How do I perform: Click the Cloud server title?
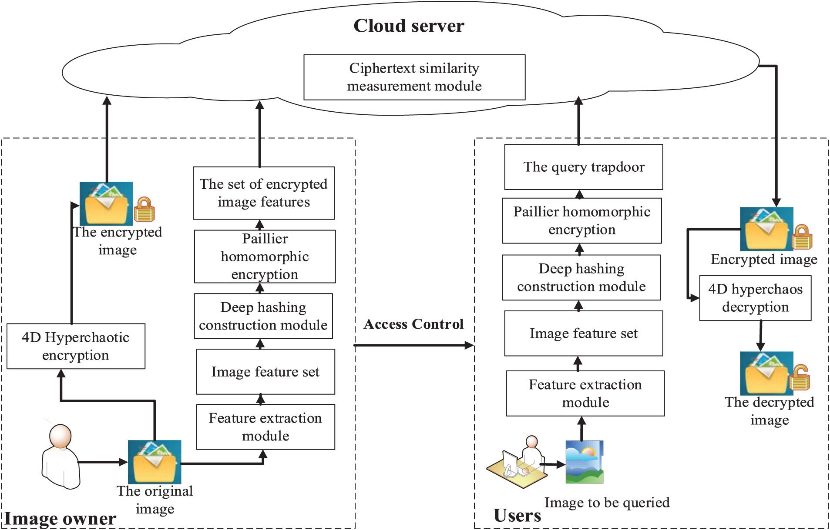coord(409,26)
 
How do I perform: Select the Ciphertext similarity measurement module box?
coord(414,77)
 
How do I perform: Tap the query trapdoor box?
coord(583,167)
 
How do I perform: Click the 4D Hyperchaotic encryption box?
coord(76,346)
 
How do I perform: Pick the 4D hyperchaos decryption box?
coord(755,298)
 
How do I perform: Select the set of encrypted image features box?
coord(264,193)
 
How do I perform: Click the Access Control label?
coord(413,324)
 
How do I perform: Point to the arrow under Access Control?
coord(413,345)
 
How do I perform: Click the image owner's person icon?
coord(61,457)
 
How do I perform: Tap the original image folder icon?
coord(155,462)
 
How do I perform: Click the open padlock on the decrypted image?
coord(800,377)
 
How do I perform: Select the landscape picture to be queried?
coord(585,462)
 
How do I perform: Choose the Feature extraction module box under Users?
coord(585,393)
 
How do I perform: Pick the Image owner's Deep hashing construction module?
coord(263,316)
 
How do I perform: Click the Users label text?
coord(517,516)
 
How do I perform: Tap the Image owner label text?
coord(60,519)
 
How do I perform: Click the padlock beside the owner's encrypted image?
coord(144,210)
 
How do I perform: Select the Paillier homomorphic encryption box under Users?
coord(581,221)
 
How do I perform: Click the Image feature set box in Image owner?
coord(265,372)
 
